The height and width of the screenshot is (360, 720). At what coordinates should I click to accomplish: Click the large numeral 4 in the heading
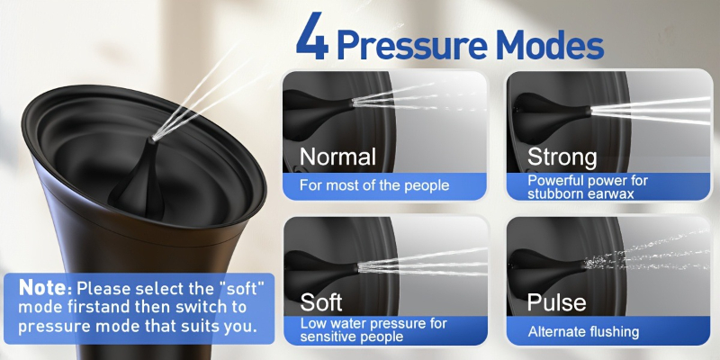point(312,36)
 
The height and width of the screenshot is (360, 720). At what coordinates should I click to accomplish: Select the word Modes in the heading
point(550,44)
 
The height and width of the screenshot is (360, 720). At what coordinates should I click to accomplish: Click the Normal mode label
point(337,157)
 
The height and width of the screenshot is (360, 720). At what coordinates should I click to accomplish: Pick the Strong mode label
point(562,157)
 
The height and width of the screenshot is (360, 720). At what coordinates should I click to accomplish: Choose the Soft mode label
point(321,302)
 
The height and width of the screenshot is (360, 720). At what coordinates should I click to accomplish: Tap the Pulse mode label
point(556,302)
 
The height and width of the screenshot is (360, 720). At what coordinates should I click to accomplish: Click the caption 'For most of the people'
point(374,185)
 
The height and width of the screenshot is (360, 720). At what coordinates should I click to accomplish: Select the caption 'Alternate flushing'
point(583,331)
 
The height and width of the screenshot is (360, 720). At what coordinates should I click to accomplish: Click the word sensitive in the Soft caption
point(328,337)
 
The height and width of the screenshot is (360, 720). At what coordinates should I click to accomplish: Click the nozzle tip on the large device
point(153,139)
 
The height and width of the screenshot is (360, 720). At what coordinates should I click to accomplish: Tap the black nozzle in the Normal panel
point(317,108)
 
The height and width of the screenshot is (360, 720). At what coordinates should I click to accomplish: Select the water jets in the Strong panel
point(651,111)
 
